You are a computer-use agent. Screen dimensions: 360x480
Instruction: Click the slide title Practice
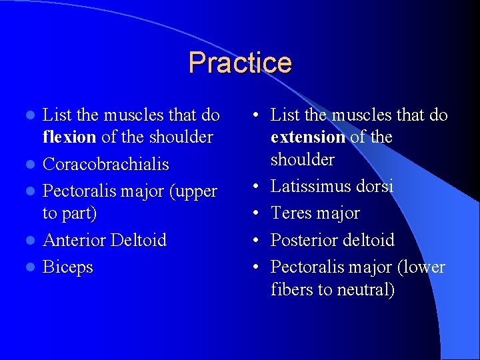(x=240, y=63)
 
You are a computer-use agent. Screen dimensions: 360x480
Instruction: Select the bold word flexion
(x=67, y=137)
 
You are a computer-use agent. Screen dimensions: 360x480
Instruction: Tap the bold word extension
(x=307, y=137)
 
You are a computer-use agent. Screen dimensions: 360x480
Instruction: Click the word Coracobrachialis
(x=105, y=164)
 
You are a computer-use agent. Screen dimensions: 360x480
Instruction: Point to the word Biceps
(x=67, y=267)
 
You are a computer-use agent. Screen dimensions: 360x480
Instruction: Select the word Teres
(x=291, y=213)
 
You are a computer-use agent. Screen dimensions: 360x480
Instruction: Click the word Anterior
(x=73, y=240)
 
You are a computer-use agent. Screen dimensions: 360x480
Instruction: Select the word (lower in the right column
(x=421, y=267)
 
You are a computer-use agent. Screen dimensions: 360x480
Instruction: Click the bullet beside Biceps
(x=28, y=267)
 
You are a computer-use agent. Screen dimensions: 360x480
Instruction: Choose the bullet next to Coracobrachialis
(x=28, y=165)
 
